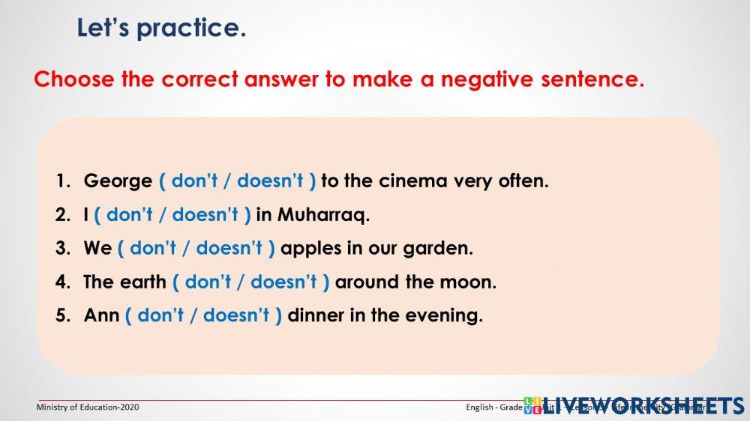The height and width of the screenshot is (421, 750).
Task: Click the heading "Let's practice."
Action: click(161, 28)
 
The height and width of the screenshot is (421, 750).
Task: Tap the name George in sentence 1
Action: click(118, 181)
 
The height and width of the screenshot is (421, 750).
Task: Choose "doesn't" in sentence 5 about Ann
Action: click(236, 316)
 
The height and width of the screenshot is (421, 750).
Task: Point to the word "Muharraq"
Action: click(323, 216)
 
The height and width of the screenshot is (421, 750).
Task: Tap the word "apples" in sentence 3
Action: click(310, 249)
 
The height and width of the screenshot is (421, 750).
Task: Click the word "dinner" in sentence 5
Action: click(316, 316)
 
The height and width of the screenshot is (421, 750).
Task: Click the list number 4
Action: click(61, 282)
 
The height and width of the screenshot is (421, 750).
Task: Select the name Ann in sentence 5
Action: click(101, 316)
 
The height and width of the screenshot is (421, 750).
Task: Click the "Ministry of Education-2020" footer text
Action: click(88, 408)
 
